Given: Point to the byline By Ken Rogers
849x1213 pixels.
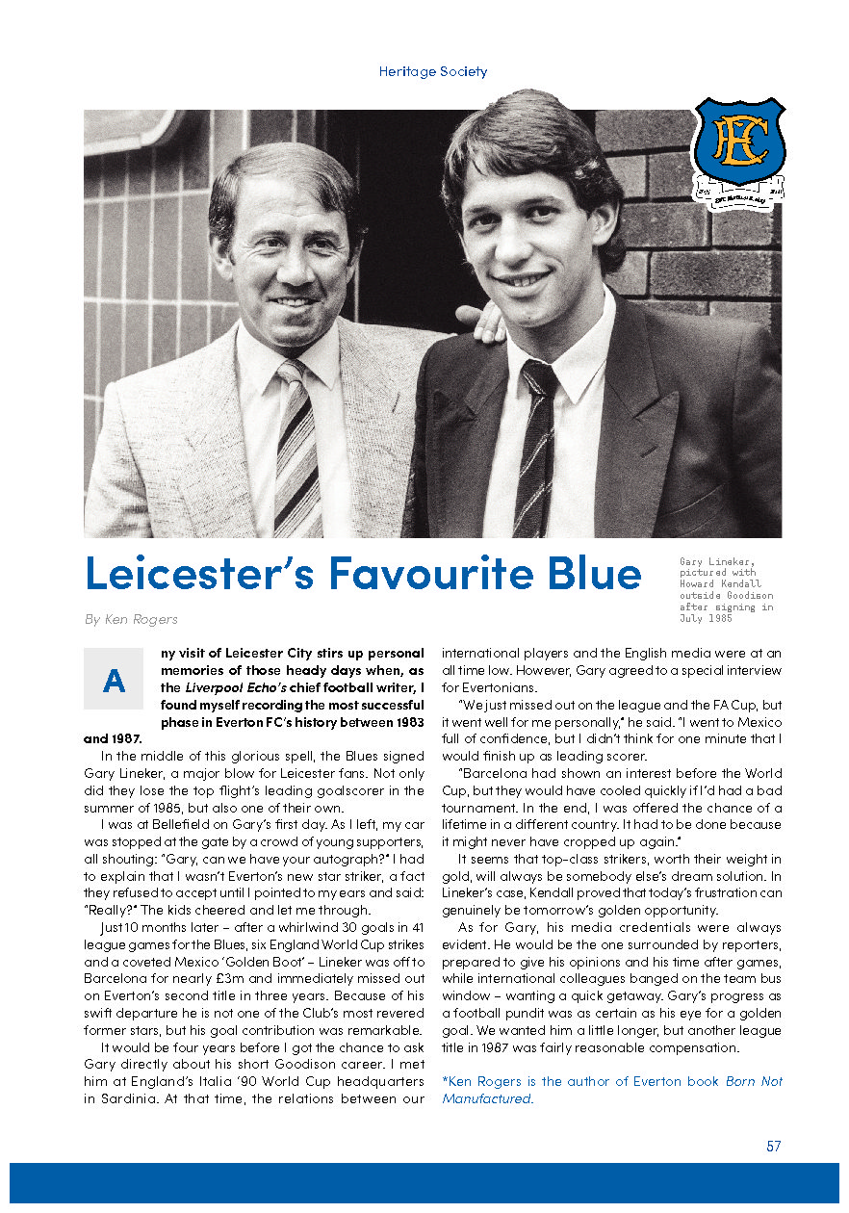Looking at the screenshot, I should point(130,619).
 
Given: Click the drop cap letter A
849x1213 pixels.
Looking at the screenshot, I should point(114,681).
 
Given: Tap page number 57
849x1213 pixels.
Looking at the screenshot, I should point(773,1147).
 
